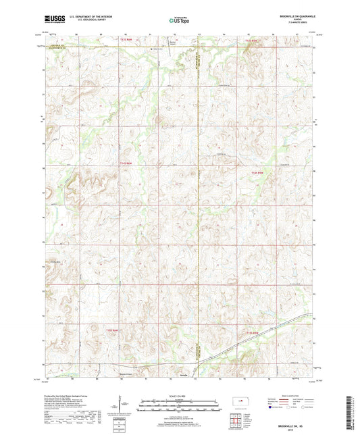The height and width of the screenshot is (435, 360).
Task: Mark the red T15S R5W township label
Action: tap(253, 333)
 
